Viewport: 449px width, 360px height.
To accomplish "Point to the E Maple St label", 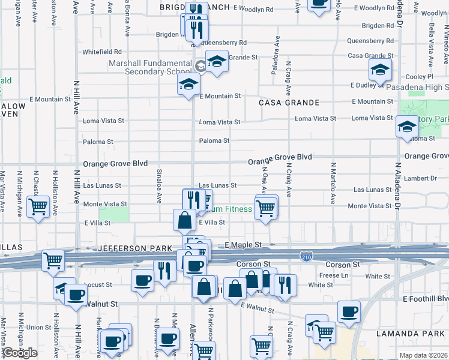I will point(244,245).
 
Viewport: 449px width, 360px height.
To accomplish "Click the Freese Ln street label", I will point(336,275).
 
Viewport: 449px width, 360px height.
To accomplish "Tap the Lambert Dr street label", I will point(420,178).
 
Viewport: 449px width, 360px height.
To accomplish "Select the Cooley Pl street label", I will point(419,77).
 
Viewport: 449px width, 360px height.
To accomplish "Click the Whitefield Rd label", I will point(102,52).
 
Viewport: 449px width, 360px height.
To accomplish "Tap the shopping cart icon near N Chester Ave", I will point(39,208).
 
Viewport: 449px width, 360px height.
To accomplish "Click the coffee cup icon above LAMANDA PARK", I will point(349,312).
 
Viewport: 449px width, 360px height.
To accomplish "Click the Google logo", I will point(20,353).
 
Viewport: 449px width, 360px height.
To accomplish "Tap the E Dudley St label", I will point(372,85).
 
